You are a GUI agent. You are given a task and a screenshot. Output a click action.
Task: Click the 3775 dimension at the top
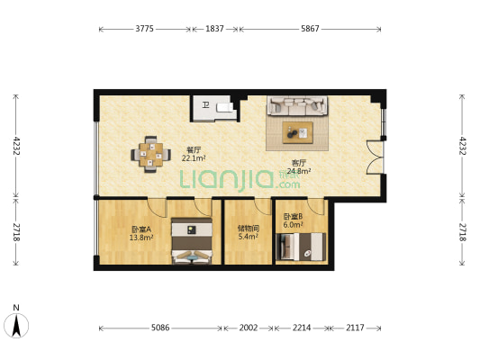[x=144, y=29]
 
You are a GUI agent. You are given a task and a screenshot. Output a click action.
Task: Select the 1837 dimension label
[x=214, y=29]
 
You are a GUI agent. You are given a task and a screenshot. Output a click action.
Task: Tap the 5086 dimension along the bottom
[x=160, y=328]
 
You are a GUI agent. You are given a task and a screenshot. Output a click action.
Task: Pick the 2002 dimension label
[x=248, y=328]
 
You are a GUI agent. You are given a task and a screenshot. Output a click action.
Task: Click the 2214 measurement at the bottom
[x=301, y=328]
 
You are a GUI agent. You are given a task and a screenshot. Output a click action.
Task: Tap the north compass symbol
[x=16, y=323]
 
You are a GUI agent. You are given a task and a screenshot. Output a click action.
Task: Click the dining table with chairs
[x=151, y=153]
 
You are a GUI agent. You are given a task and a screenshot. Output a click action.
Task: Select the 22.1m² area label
[x=193, y=158]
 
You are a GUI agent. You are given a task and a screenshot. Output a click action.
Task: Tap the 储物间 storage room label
[x=248, y=229]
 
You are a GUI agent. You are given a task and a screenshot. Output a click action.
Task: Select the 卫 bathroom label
[x=205, y=105]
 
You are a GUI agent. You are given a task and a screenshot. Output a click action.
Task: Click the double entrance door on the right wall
[x=374, y=154]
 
